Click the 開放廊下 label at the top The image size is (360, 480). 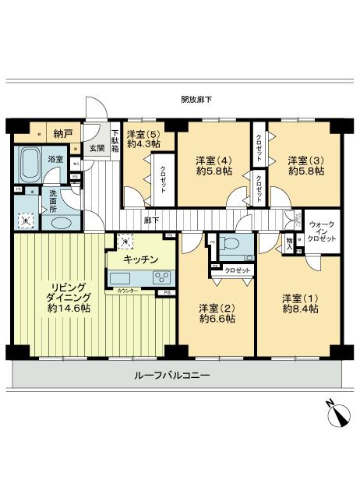coord(196,99)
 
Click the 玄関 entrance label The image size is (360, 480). coord(96,148)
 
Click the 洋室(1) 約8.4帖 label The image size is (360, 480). coord(299,304)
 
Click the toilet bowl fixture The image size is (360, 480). coord(232,245)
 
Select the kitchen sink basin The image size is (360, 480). coord(122,278)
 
